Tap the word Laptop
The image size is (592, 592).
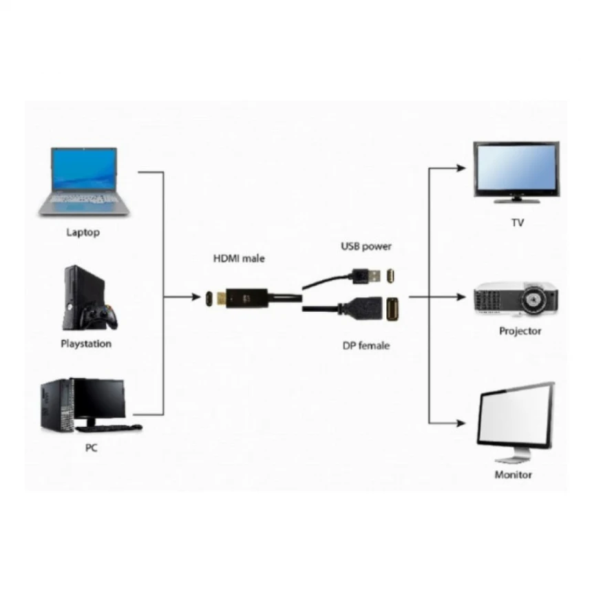point(83,232)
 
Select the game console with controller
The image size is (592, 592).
point(89,299)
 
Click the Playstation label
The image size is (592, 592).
point(86,343)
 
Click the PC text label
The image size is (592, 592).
point(91,447)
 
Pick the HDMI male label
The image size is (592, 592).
point(238,258)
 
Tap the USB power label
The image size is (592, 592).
point(366,246)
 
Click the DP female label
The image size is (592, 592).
point(366,345)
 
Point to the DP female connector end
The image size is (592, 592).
point(390,308)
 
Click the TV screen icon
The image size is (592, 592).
point(516,169)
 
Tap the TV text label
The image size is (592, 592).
point(517,222)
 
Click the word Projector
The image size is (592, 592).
point(520,331)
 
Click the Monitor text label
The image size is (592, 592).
point(514,474)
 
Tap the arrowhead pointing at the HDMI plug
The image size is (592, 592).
point(193,297)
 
